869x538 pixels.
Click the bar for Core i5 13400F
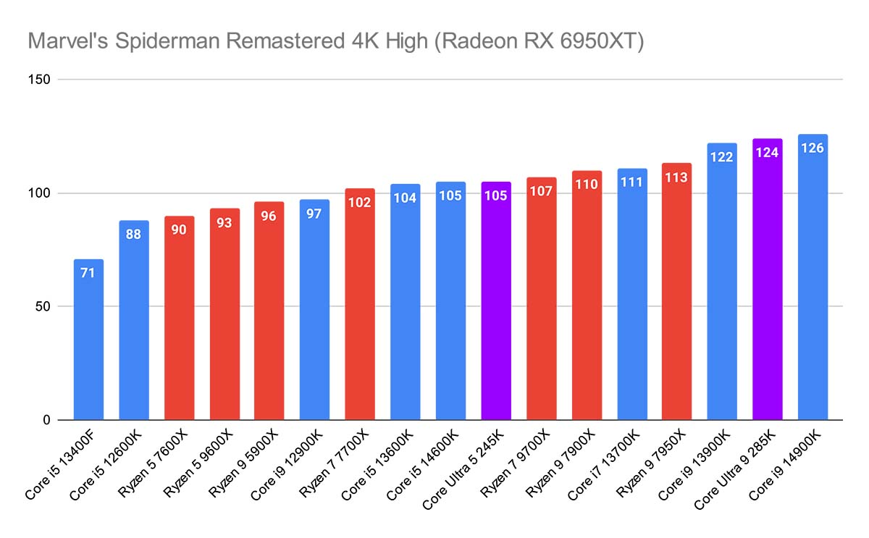pyautogui.click(x=88, y=340)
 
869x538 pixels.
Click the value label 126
pyautogui.click(x=813, y=148)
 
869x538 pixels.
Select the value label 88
pyautogui.click(x=134, y=235)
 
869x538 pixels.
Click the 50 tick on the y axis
pyautogui.click(x=43, y=306)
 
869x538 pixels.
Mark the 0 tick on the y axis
pyautogui.click(x=46, y=420)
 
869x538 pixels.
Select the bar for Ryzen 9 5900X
pyautogui.click(x=269, y=319)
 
